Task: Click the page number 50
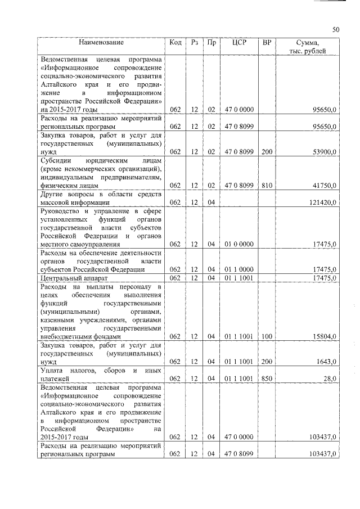tap(335, 30)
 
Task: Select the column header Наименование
tap(101, 42)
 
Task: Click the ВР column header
tap(267, 42)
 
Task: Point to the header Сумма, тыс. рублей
tap(308, 47)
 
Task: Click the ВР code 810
tap(267, 184)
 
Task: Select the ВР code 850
tap(267, 379)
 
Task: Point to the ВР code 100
tap(267, 336)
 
